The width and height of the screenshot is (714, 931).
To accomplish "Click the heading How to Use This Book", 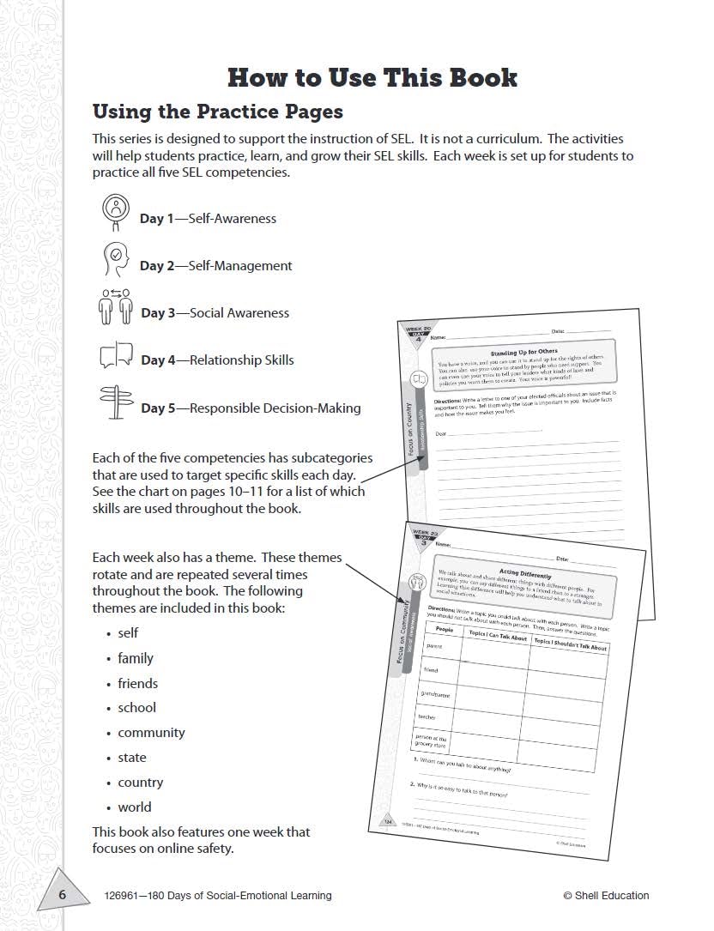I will (372, 77).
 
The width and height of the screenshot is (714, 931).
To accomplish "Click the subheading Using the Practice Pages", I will (217, 112).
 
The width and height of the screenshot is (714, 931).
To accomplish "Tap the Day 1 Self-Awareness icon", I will (115, 209).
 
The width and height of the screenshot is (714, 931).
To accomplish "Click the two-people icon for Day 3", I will (115, 305).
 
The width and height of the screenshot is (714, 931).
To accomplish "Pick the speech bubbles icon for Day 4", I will (116, 354).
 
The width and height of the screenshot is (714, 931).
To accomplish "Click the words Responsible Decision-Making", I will (275, 408).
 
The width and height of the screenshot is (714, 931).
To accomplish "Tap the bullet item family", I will (136, 658).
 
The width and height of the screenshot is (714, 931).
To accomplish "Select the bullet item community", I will (151, 733).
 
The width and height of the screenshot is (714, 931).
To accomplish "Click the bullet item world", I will (135, 807).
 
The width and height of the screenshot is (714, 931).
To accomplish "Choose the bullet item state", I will (132, 758).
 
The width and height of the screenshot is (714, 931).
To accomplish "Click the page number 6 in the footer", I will (62, 896).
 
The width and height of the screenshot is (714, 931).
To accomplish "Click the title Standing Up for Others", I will (523, 352).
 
